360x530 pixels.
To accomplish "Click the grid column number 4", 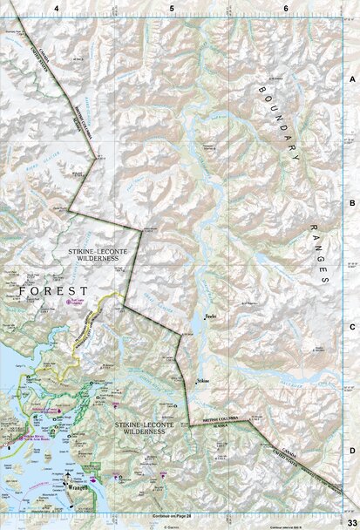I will (57, 7).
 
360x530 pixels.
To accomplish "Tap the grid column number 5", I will (172, 7).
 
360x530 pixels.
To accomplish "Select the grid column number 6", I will (287, 7).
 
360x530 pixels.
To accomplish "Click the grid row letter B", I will (352, 202).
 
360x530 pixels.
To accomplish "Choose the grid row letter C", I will (352, 327).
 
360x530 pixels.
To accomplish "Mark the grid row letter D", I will (352, 450).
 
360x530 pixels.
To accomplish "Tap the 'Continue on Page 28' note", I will (171, 517).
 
